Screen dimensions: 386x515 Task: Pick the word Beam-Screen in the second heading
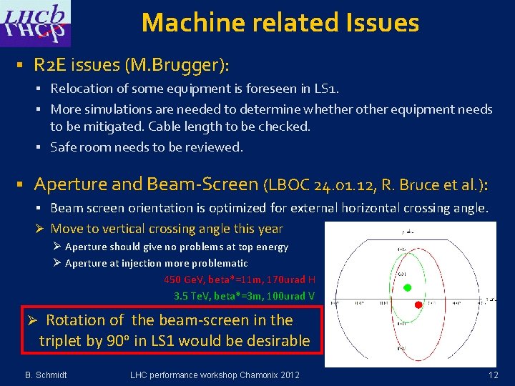202,184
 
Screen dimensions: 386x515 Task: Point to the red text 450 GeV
185,279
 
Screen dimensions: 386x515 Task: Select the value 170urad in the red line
283,279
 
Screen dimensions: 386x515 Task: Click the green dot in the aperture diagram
408,288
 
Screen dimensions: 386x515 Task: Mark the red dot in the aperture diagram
419,305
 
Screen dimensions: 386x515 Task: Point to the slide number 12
493,375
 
